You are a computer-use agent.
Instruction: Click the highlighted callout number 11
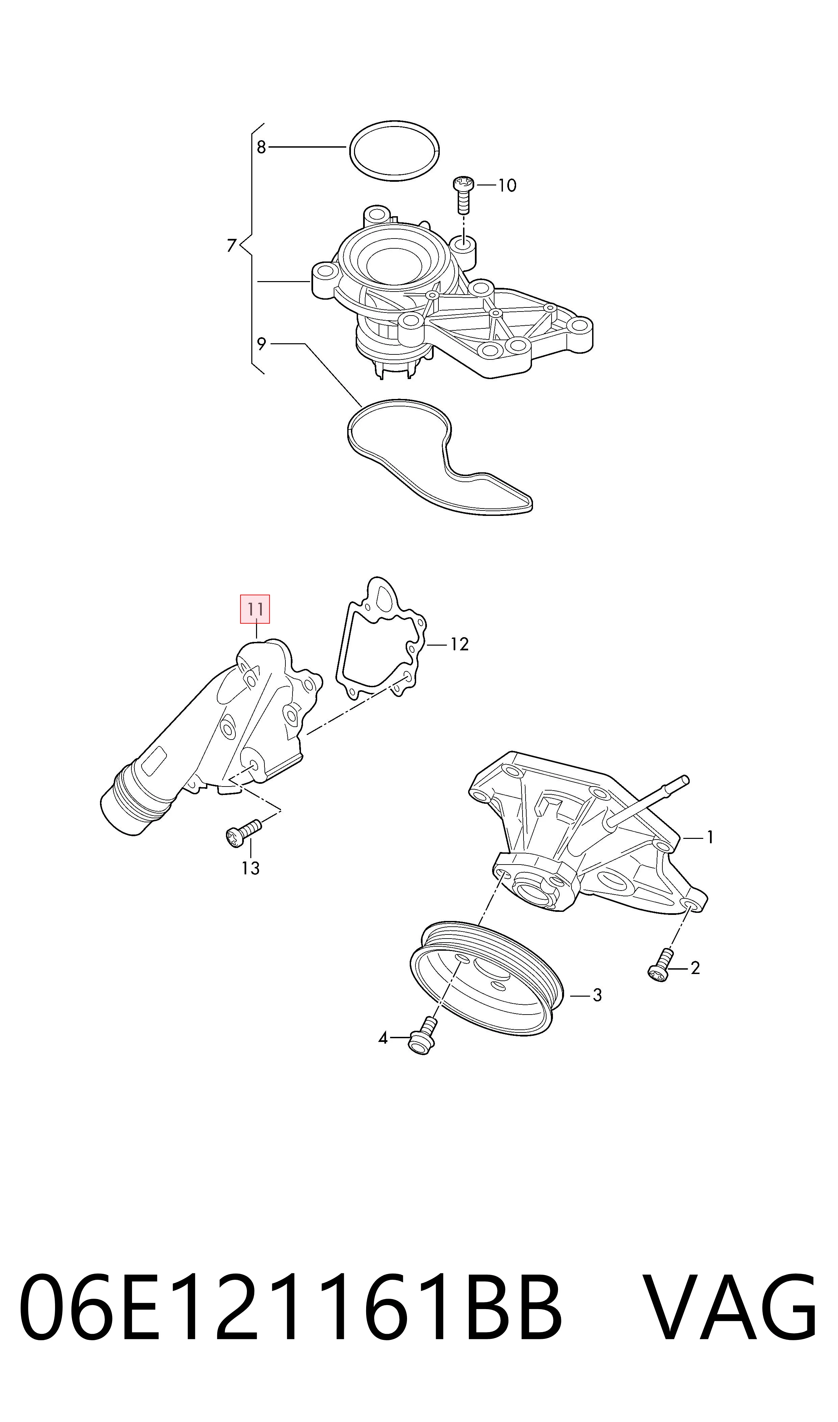coord(255,609)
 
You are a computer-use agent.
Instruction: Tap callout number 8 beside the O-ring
coord(261,147)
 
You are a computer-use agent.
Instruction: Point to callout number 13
coord(250,868)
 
